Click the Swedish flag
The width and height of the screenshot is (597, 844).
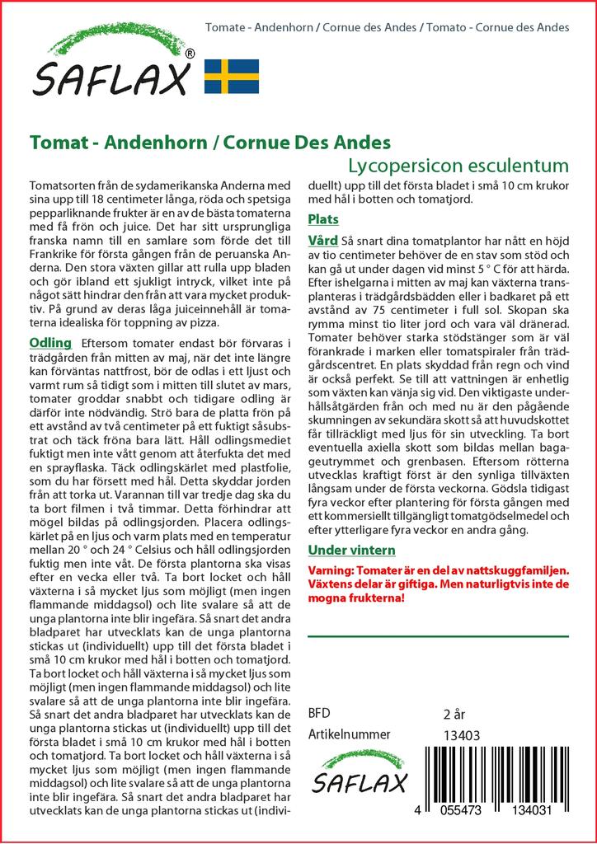(231, 76)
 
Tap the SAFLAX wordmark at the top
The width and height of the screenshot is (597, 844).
(112, 78)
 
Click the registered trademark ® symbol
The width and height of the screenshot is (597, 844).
(190, 54)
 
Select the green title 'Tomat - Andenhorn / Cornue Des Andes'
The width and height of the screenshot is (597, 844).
(209, 142)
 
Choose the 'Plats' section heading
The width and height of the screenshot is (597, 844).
(322, 220)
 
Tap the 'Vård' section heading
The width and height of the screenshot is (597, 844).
(321, 241)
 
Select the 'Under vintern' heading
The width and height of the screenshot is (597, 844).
(351, 550)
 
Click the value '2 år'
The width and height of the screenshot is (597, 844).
(455, 714)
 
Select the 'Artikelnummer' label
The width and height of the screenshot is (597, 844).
(348, 734)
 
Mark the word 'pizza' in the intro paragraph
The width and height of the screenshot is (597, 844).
(204, 322)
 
